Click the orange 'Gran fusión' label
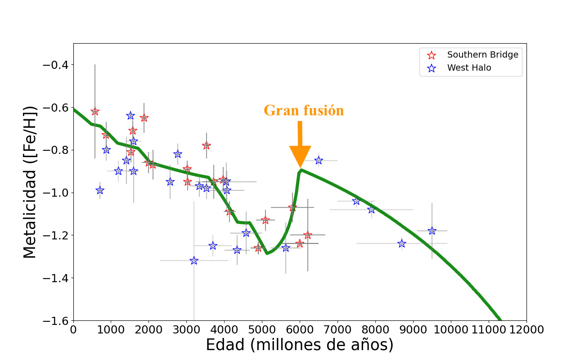tap(304, 110)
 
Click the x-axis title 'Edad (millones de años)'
tap(300, 345)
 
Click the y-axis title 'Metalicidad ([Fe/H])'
tap(30, 182)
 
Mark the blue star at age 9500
tap(432, 231)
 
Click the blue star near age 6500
tap(319, 160)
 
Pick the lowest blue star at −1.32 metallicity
tap(194, 261)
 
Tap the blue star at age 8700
tap(402, 243)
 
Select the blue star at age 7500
tap(356, 201)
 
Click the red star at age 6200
tap(308, 235)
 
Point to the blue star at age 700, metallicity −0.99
tap(100, 190)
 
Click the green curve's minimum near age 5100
tap(267, 253)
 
